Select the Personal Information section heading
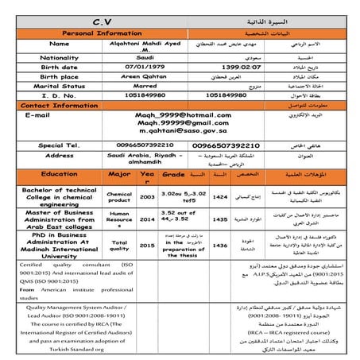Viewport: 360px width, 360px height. (79, 33)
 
